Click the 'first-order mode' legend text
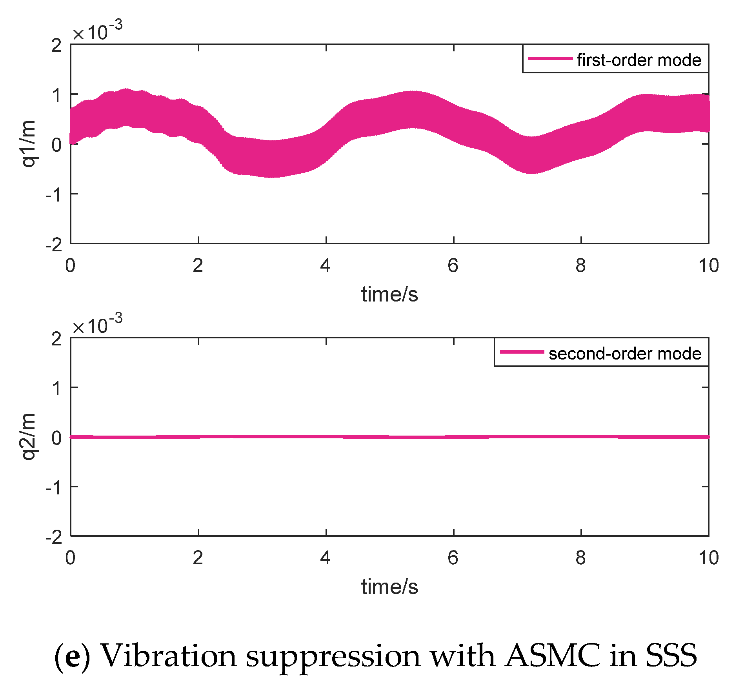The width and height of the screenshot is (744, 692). [638, 60]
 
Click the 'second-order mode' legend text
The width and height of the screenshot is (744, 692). [624, 353]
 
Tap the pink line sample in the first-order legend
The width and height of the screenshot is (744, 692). [550, 58]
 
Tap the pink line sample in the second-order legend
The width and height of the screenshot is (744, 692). [521, 352]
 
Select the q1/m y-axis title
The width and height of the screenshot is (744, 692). [28, 144]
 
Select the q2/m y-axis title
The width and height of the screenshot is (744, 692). [28, 436]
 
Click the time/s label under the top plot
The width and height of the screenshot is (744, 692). [389, 294]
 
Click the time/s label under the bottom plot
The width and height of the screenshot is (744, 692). [389, 587]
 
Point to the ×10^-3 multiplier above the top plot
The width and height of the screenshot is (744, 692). [97, 31]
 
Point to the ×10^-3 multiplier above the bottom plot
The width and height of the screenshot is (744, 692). [97, 325]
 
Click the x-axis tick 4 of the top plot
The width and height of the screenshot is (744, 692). [325, 266]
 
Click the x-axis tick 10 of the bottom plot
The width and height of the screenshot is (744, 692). [708, 558]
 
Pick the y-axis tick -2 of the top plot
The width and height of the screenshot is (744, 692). [54, 245]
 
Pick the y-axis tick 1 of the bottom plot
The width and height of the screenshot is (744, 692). [56, 388]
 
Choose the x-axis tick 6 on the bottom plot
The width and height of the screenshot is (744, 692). [453, 558]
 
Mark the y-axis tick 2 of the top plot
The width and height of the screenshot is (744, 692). [56, 46]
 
